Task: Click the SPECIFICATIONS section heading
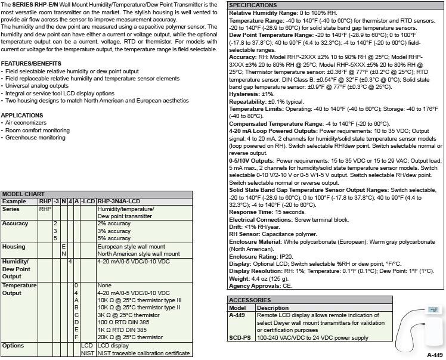253,5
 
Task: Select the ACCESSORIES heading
250,300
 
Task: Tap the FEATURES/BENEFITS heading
31,63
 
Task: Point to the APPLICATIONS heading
22,115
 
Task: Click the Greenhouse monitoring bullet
35,138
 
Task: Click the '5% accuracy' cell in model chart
114,238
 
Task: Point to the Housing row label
14,246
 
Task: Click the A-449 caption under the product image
435,355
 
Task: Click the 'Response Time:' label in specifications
249,212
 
